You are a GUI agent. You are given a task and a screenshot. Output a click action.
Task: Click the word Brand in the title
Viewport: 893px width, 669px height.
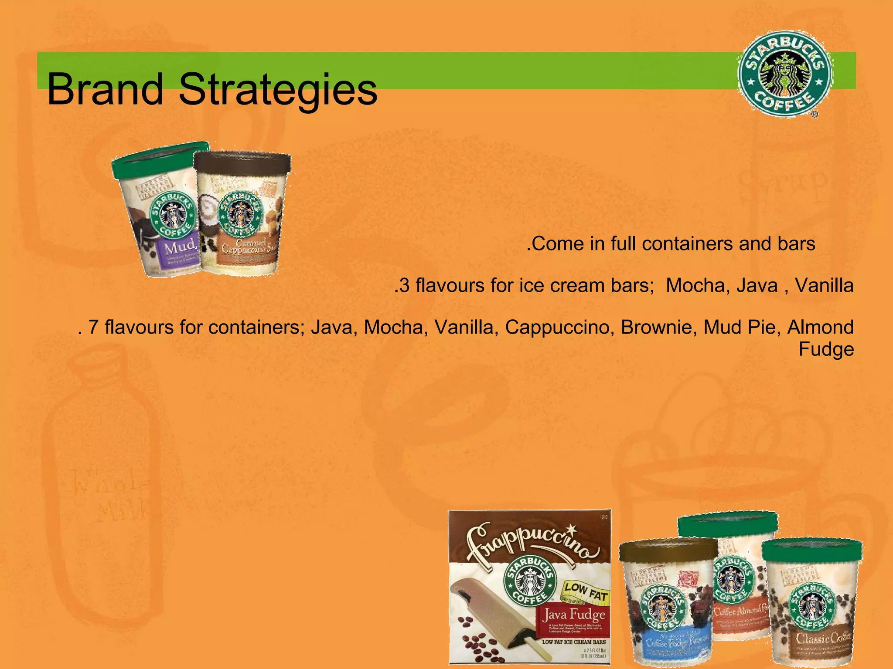[105, 89]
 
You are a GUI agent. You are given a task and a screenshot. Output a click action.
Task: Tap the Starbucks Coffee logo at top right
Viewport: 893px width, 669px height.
[784, 74]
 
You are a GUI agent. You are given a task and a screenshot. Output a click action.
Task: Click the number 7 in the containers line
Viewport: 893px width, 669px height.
[93, 327]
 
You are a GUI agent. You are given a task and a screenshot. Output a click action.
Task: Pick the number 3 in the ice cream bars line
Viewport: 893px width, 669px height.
[405, 286]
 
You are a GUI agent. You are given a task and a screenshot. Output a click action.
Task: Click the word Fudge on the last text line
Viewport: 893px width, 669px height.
[826, 349]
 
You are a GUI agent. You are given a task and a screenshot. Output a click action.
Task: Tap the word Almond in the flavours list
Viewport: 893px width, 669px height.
[820, 327]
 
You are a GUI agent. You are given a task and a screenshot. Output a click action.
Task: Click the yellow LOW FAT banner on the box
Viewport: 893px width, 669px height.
[586, 590]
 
